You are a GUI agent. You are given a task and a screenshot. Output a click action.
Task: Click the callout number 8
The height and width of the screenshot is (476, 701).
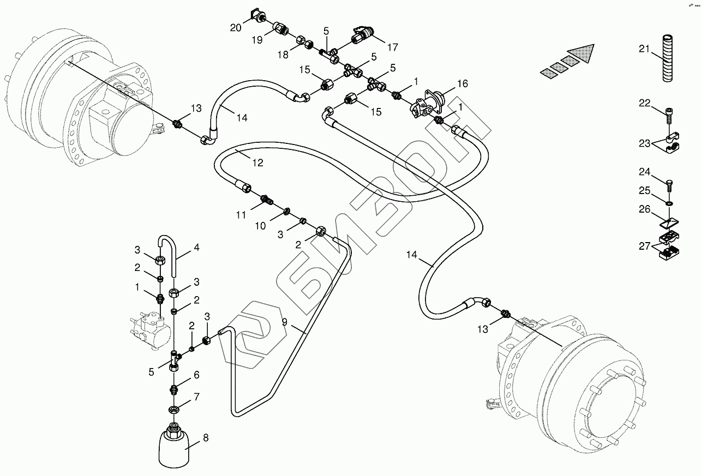tap(205, 438)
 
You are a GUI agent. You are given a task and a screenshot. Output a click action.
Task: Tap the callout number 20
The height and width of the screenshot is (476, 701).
tap(235, 28)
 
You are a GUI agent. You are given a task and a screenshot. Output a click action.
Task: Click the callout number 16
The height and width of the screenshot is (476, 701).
tap(462, 83)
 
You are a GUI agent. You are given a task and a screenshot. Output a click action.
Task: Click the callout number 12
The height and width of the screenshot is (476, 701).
tap(257, 162)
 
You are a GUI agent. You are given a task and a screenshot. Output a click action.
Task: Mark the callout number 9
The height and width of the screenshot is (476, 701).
tap(284, 322)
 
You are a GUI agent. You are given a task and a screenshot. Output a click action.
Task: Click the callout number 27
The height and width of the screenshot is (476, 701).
tap(645, 246)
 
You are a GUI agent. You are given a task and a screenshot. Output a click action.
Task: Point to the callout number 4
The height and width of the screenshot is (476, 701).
tap(196, 248)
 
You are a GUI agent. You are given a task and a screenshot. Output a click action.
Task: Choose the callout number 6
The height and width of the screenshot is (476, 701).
tap(196, 375)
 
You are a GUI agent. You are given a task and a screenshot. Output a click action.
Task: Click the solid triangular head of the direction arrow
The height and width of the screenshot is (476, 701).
tap(584, 53)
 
